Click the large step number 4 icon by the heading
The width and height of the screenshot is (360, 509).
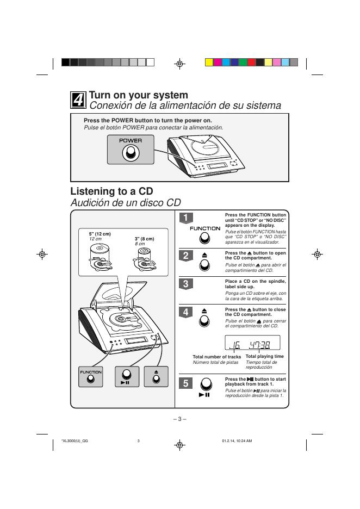[78, 100]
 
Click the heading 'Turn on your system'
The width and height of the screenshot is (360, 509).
[139, 95]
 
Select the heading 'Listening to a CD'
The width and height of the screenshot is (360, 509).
[111, 191]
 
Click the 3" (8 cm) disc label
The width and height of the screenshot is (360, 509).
[144, 239]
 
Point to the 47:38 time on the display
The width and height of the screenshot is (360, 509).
[261, 344]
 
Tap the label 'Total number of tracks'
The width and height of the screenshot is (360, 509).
[216, 357]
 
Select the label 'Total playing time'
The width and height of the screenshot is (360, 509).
[265, 356]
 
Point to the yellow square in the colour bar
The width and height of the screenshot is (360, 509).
[209, 62]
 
